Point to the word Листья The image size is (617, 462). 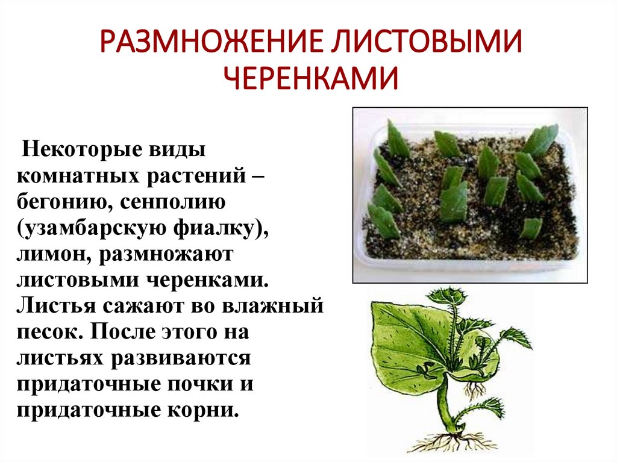tap(54, 305)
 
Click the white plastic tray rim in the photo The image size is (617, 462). tap(470, 274)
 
